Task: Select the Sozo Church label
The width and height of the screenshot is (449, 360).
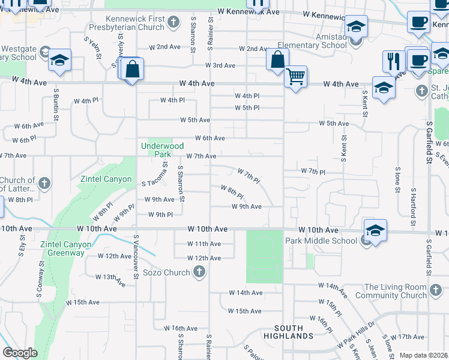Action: click(x=167, y=272)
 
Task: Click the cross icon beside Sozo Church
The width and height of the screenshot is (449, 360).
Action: click(x=200, y=272)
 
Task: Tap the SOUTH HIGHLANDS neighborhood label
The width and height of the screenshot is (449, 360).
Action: click(x=294, y=332)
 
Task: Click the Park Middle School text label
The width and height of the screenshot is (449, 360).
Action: click(x=321, y=241)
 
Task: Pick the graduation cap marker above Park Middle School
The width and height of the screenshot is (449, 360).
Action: click(x=375, y=231)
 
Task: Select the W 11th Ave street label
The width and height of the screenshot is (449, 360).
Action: click(x=204, y=244)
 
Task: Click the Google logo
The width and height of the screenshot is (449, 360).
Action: click(x=20, y=353)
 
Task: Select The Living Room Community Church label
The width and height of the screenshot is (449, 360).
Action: click(x=391, y=291)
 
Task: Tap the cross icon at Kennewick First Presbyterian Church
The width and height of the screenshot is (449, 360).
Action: click(x=173, y=23)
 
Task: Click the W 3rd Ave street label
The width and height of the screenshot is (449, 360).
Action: click(x=220, y=65)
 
